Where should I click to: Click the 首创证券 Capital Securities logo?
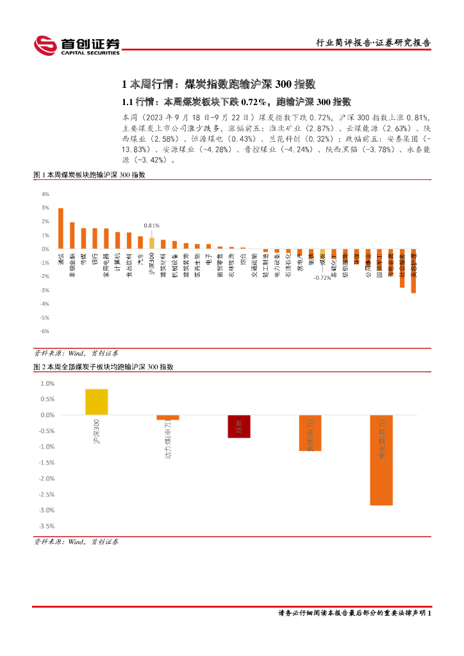coord(77,45)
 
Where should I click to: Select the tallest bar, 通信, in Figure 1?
coord(60,228)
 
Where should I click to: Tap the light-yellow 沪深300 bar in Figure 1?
coord(152,243)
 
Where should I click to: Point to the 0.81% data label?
coord(151,225)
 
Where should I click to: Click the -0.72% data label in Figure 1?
coord(322,278)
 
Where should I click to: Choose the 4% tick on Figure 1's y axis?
coord(46,194)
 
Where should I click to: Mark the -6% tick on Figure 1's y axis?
coord(46,331)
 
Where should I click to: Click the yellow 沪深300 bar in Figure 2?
coord(96,402)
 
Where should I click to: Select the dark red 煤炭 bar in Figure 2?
coord(238,426)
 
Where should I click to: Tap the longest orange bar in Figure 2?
coord(381,460)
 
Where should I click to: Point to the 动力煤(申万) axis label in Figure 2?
coord(168,439)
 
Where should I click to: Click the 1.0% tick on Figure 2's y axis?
coord(48,383)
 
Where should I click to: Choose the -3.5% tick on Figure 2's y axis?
coord(47,526)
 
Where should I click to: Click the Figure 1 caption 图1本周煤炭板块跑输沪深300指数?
coord(90,175)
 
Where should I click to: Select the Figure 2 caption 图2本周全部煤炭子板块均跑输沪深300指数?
coord(103,367)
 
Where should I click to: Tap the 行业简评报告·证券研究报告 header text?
coord(374,43)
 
